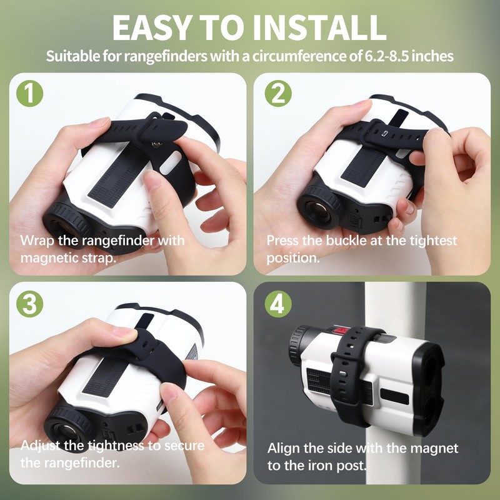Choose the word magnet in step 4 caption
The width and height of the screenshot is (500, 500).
[x=432, y=449]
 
